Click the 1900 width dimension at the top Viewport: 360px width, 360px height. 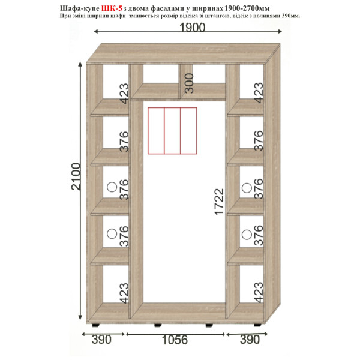[x=192, y=28]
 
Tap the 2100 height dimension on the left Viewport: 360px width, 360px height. [x=76, y=176]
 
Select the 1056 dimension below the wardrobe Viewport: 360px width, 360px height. [x=175, y=340]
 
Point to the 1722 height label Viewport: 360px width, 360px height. [x=219, y=202]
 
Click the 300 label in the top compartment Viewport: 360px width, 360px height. [x=189, y=83]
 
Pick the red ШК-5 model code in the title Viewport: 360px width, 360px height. [x=112, y=8]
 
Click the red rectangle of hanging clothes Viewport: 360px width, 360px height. [x=172, y=131]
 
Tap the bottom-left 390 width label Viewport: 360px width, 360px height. [x=101, y=340]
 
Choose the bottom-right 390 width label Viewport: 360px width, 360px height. [x=250, y=340]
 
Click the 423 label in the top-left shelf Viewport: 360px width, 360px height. [x=124, y=94]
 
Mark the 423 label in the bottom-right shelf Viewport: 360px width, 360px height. [x=259, y=292]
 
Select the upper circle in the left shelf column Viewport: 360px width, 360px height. [x=112, y=187]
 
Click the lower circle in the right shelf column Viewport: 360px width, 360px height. [x=247, y=235]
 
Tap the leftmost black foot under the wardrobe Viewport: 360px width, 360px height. [x=96, y=325]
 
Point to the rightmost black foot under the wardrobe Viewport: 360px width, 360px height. [x=258, y=325]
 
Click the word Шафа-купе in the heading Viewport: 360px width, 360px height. [x=80, y=8]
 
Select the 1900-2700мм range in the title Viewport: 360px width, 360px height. [x=246, y=8]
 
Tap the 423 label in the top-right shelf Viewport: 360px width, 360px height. [x=259, y=93]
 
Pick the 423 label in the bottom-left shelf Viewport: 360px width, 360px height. [x=124, y=293]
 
